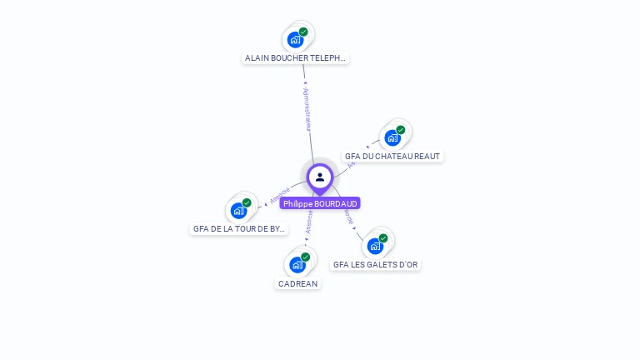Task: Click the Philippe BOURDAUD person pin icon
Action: (x=320, y=177)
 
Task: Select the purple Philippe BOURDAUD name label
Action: (x=320, y=203)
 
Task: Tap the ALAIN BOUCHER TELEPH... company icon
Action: (x=295, y=39)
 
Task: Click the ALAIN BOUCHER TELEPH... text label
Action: (x=295, y=58)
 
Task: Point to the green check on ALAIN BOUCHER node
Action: (x=303, y=32)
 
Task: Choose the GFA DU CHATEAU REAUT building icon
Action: (x=392, y=137)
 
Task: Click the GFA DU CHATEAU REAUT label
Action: (x=392, y=156)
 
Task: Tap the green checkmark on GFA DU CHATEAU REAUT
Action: (x=401, y=130)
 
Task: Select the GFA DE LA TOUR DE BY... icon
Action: (x=239, y=210)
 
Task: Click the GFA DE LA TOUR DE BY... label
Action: (x=239, y=228)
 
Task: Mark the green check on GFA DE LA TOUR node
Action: (x=247, y=202)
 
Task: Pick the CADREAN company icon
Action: (x=297, y=265)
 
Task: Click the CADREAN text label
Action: (x=297, y=283)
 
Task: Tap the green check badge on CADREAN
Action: (x=306, y=257)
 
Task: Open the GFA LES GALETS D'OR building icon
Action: (x=375, y=246)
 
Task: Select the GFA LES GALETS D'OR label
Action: (x=376, y=264)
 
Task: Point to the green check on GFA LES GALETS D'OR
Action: (x=383, y=238)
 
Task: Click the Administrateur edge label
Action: (x=307, y=108)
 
